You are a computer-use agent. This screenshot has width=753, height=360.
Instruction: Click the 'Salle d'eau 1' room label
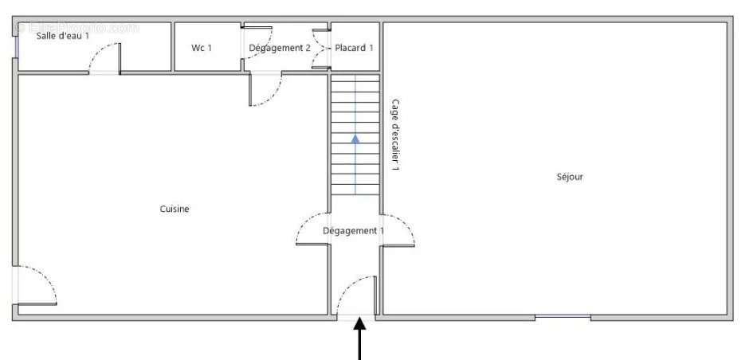pos(63,36)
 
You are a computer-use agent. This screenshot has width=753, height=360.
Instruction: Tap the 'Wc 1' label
pos(202,48)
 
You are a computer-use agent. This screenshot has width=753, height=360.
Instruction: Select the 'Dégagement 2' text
pos(280,48)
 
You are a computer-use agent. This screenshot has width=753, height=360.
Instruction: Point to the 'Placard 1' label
pos(355,48)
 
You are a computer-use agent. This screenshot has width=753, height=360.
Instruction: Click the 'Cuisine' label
pos(175,209)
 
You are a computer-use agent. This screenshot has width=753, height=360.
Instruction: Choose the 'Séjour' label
pos(570,177)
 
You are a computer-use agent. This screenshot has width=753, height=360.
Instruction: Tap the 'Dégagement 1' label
pos(353,231)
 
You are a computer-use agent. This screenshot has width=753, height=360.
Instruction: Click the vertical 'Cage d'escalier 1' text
pos(395,135)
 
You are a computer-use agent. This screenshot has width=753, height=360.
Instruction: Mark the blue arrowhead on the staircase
pos(355,138)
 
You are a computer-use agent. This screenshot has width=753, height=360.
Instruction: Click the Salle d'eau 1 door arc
pos(104,57)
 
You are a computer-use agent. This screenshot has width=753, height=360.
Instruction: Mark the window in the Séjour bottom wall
pos(563,318)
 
